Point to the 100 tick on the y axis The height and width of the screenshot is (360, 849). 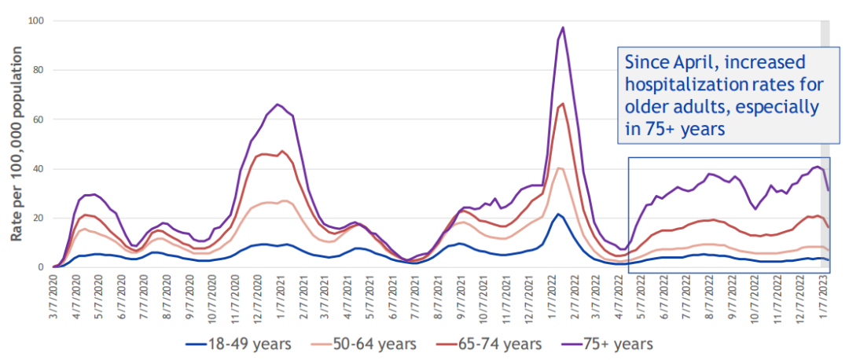(35, 20)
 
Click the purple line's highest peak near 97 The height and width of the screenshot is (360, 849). (563, 28)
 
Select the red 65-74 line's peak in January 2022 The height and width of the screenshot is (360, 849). (563, 104)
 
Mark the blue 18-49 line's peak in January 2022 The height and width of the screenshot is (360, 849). (558, 214)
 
